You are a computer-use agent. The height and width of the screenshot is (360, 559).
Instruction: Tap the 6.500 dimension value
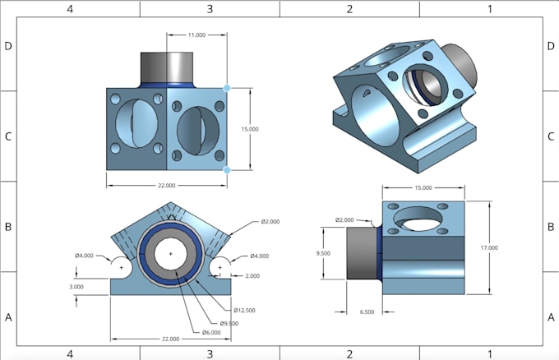click(367, 312)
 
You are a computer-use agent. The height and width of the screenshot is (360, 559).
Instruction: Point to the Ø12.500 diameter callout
click(246, 310)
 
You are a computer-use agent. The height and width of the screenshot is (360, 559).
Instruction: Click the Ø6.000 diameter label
click(213, 332)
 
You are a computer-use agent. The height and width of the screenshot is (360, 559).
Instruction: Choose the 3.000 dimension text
click(76, 287)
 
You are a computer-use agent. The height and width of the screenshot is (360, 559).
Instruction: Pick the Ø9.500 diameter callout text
click(230, 322)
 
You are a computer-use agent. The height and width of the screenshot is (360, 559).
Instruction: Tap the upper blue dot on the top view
click(227, 87)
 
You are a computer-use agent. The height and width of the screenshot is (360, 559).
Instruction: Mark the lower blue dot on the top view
click(227, 170)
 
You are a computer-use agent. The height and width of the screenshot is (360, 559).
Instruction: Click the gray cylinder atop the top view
click(168, 65)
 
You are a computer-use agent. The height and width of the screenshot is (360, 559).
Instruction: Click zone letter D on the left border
click(8, 45)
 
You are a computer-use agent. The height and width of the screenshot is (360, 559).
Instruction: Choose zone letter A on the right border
click(550, 317)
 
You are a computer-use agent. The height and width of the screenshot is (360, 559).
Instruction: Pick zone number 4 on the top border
click(70, 8)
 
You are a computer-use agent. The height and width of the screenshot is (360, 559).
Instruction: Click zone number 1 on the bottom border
click(490, 354)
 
